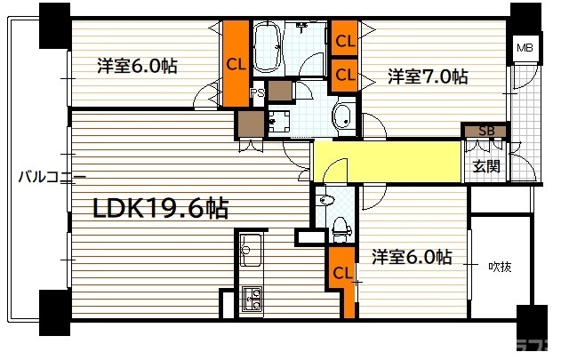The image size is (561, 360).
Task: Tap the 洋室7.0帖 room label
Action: pos(428,78)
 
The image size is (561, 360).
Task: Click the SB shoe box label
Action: pos(486,132)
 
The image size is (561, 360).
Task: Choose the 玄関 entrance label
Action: pos(486,165)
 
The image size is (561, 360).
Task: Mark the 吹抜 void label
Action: pos(500,266)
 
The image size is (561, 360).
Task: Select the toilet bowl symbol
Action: pos(340,229)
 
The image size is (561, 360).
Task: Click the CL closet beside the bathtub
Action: pos(236,63)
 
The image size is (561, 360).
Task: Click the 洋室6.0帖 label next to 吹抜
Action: pos(411,258)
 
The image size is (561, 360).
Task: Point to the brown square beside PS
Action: pos(278,90)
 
